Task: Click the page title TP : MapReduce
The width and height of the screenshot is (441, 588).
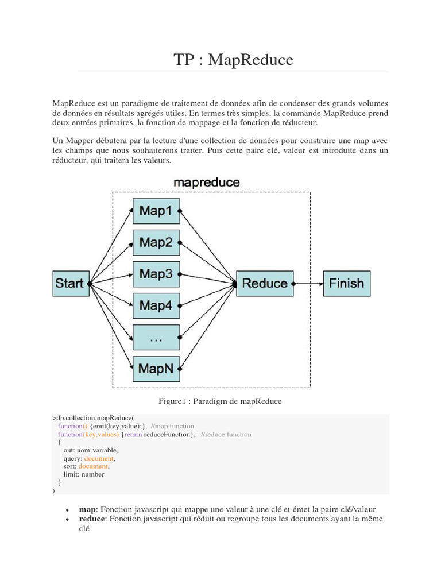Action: pyautogui.click(x=233, y=60)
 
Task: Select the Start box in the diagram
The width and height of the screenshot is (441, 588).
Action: pyautogui.click(x=71, y=283)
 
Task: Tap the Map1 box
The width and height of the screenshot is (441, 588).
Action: pyautogui.click(x=156, y=211)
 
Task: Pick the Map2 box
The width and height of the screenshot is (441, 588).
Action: pyautogui.click(x=156, y=242)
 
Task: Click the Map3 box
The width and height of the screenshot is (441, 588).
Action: pyautogui.click(x=156, y=274)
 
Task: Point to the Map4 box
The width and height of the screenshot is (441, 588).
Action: pyautogui.click(x=156, y=305)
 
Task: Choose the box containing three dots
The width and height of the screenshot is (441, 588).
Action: pyautogui.click(x=156, y=338)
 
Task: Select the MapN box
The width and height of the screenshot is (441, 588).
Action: pyautogui.click(x=156, y=369)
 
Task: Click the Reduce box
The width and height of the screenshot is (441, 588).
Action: pyautogui.click(x=265, y=283)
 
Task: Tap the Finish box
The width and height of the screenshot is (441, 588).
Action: pyautogui.click(x=346, y=283)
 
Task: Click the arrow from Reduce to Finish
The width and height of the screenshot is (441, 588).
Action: pyautogui.click(x=308, y=283)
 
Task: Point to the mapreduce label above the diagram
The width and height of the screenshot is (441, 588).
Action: pyautogui.click(x=207, y=183)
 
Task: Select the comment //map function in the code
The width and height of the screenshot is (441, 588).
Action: pyautogui.click(x=173, y=426)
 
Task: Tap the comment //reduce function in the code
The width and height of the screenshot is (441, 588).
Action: pyautogui.click(x=226, y=435)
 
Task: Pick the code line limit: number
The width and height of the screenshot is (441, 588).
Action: pyautogui.click(x=84, y=474)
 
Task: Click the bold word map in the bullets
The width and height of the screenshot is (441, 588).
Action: pyautogui.click(x=87, y=509)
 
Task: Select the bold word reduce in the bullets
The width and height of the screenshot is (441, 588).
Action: pyautogui.click(x=92, y=519)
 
